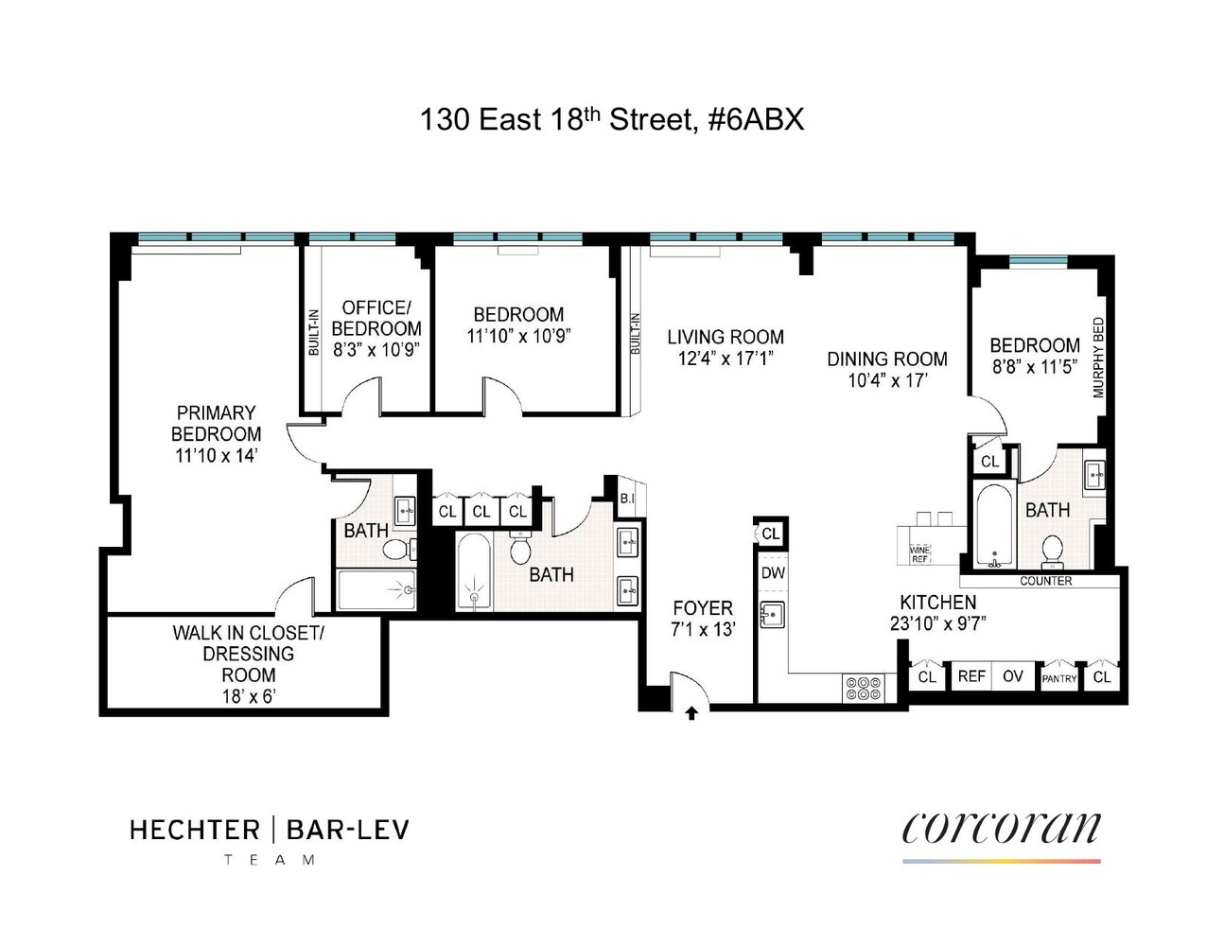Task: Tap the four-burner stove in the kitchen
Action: pos(862,688)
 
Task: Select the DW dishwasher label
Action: pos(773,573)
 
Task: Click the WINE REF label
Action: pos(919,554)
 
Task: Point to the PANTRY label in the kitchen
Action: pos(1058,678)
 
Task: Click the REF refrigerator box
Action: pos(971,676)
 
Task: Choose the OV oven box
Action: pos(1013,676)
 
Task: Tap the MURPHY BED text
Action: pos(1099,357)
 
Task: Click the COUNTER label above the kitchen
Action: pos(1045,581)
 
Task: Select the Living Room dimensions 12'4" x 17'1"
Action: pos(725,359)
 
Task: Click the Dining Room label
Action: pos(886,359)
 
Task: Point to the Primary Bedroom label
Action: pos(216,423)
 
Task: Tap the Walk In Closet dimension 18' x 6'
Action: pos(248,698)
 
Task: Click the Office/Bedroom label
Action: pos(376,318)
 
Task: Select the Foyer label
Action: pos(702,608)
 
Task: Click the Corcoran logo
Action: pos(1001,830)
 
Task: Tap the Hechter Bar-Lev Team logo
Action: pos(270,838)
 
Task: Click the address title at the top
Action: pos(611,120)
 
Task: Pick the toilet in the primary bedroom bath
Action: pos(398,549)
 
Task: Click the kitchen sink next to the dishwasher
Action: pos(773,616)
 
